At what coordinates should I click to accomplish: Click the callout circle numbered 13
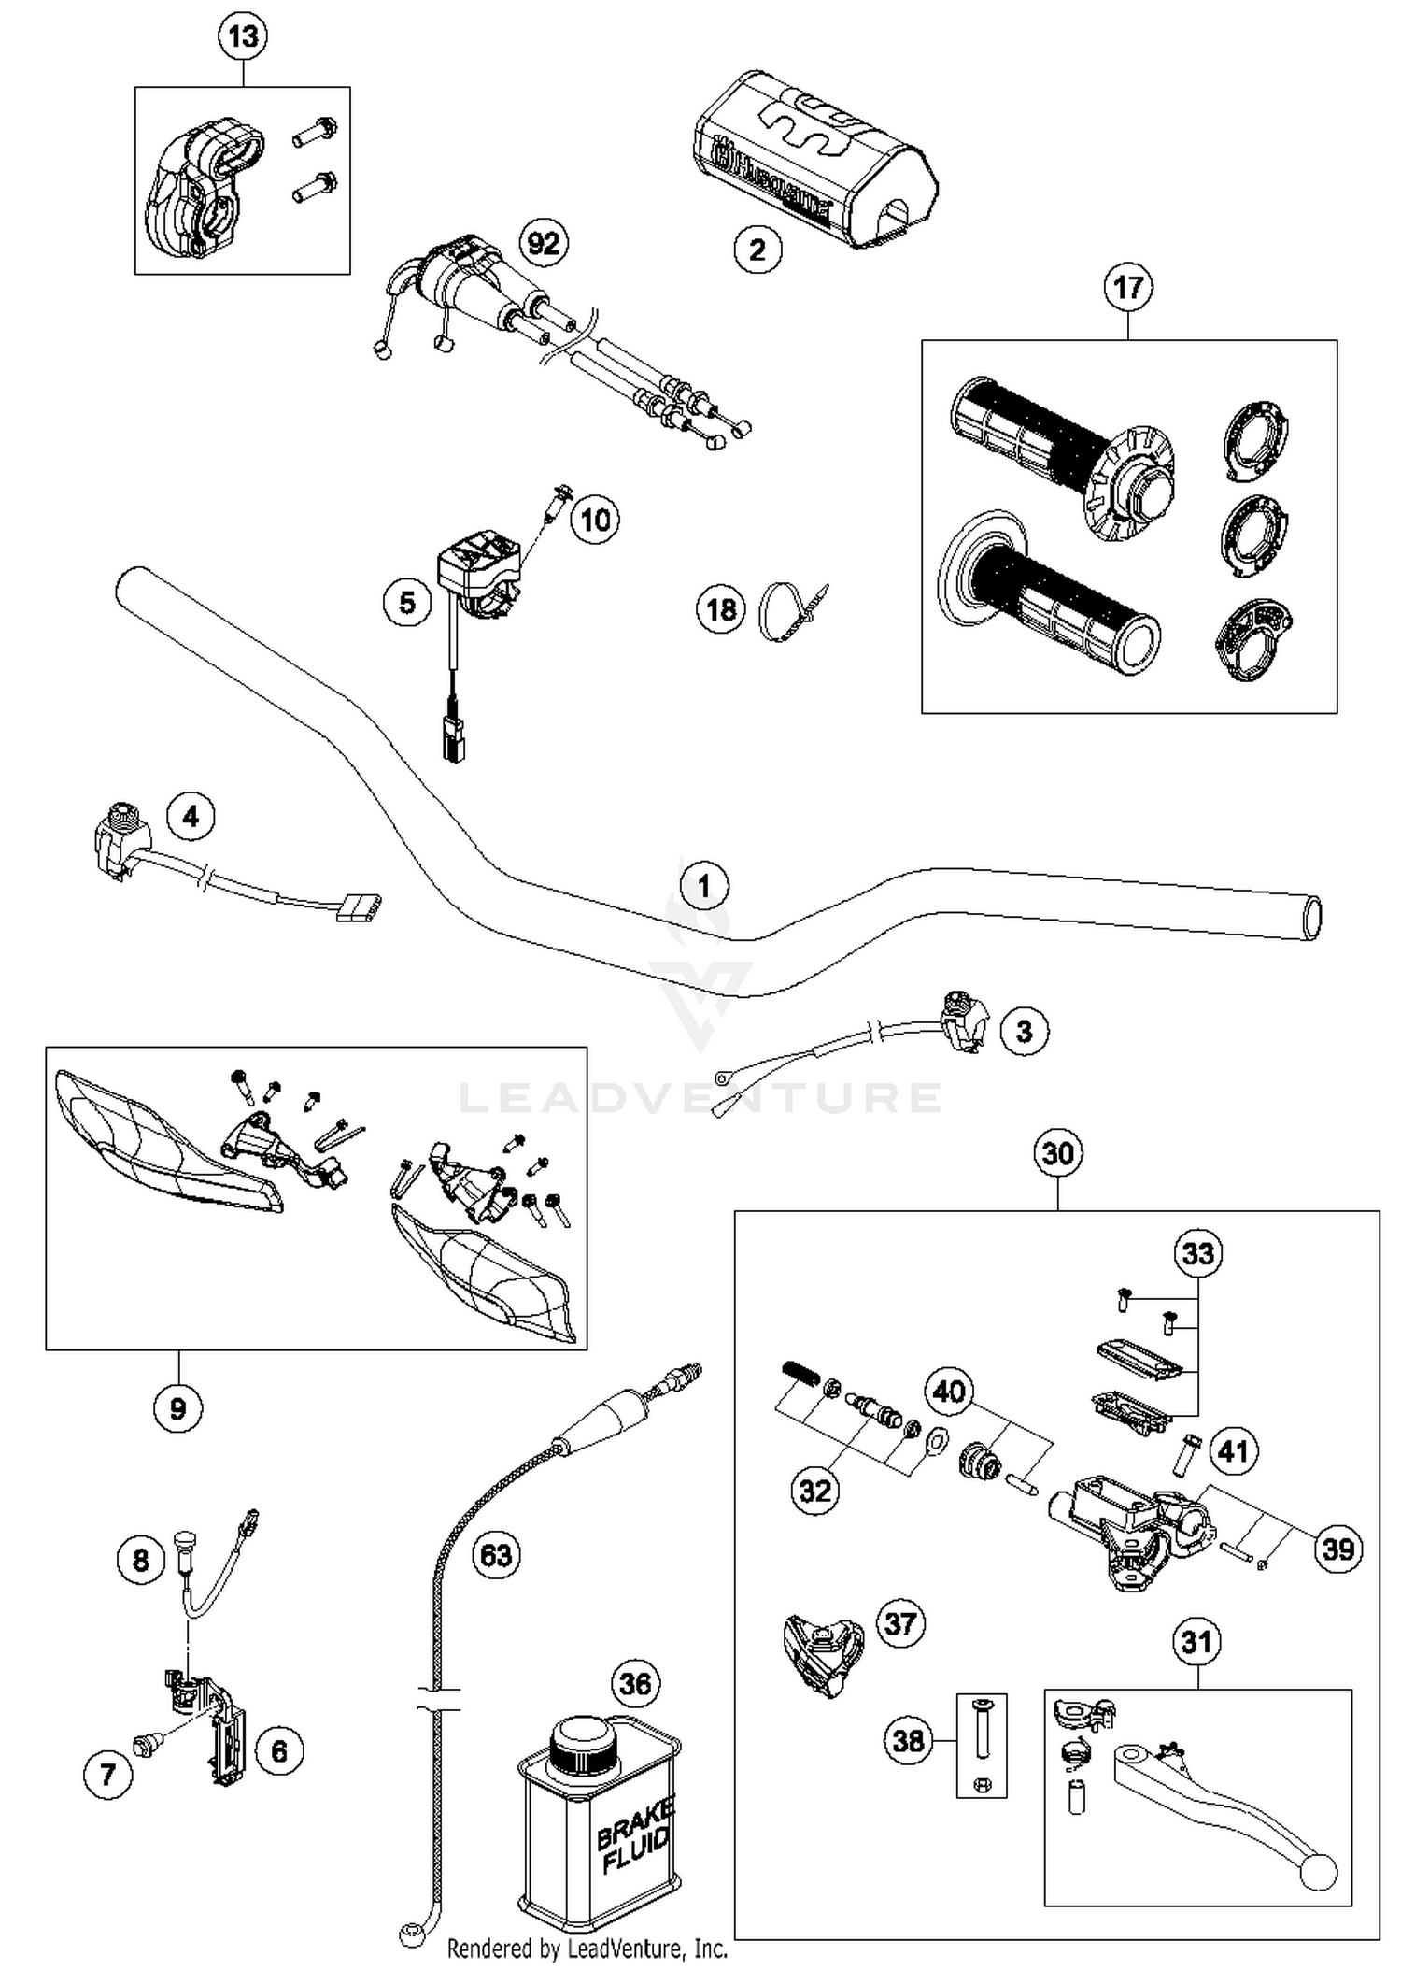pyautogui.click(x=243, y=37)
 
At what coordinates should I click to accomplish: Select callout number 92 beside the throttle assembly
pyautogui.click(x=544, y=244)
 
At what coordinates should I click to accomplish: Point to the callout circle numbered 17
pyautogui.click(x=1128, y=287)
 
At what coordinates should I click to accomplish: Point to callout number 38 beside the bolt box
pyautogui.click(x=908, y=1741)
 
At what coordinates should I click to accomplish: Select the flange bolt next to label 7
pyautogui.click(x=146, y=1743)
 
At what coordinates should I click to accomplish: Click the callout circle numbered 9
pyautogui.click(x=177, y=1408)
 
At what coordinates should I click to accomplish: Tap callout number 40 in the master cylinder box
pyautogui.click(x=949, y=1392)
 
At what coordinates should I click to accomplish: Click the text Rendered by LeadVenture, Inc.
pyautogui.click(x=587, y=1949)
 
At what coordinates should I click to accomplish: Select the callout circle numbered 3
pyautogui.click(x=1025, y=1031)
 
